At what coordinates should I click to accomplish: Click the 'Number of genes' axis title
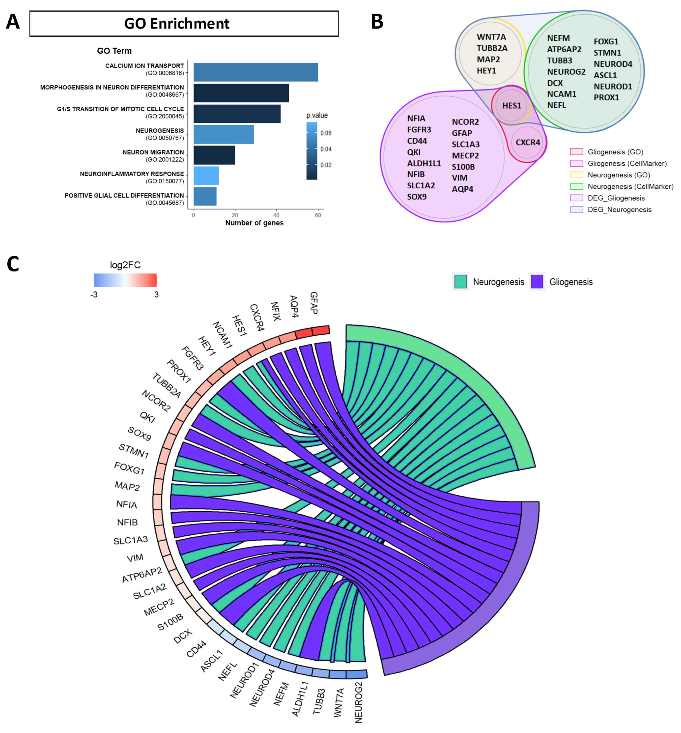point(254,223)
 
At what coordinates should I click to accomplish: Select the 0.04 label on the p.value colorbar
point(325,149)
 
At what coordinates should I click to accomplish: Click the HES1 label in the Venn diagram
point(512,106)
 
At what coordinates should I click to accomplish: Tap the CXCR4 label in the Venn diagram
point(527,142)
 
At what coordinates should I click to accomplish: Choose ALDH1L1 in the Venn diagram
point(424,163)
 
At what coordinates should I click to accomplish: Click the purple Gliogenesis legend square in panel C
point(537,282)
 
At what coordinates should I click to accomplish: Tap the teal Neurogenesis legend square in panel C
point(460,282)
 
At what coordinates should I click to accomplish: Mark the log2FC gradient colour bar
point(125,280)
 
